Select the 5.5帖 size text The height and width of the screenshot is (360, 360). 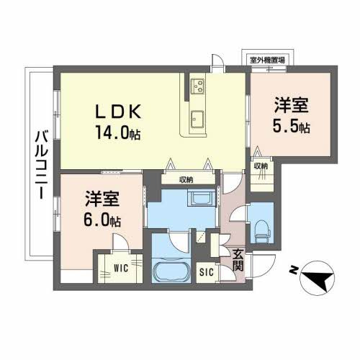click(x=292, y=128)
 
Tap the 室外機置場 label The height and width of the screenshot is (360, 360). click(x=266, y=59)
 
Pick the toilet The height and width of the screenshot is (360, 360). click(x=262, y=225)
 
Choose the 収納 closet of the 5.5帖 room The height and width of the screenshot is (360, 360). click(x=261, y=166)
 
